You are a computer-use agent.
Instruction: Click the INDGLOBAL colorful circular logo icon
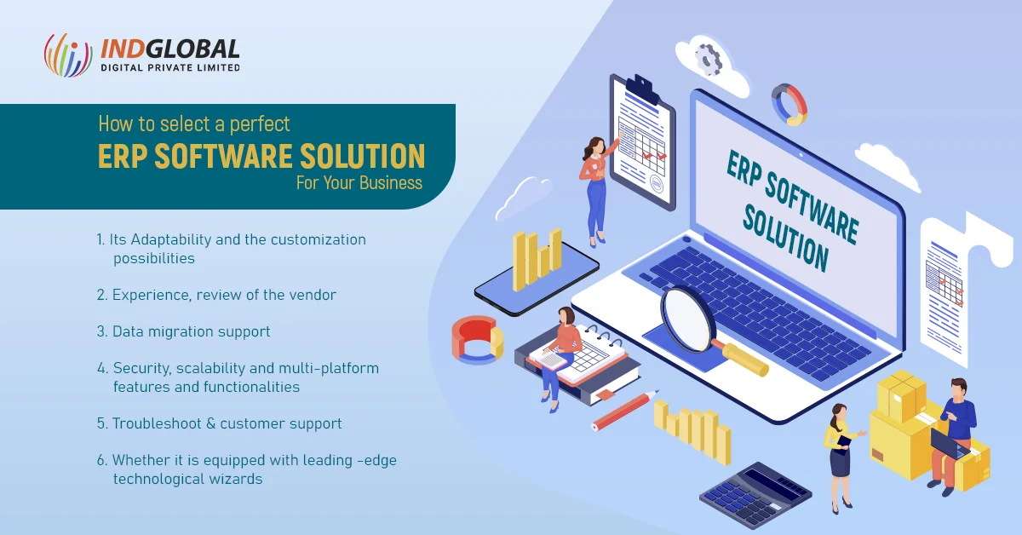click(67, 55)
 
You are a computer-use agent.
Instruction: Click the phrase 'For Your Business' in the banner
click(359, 182)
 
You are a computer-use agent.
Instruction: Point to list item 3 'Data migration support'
click(183, 331)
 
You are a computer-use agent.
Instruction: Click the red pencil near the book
click(626, 410)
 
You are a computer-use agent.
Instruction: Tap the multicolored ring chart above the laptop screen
click(788, 104)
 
